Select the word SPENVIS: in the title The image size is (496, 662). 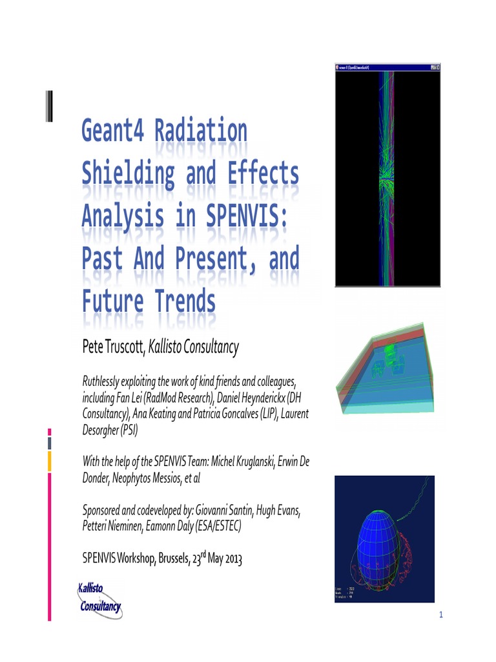(248, 216)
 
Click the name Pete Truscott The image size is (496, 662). (113, 348)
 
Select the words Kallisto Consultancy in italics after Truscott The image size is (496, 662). (194, 348)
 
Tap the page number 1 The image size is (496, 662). (441, 615)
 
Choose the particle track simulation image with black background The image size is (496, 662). (387, 175)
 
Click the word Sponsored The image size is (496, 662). (104, 511)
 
